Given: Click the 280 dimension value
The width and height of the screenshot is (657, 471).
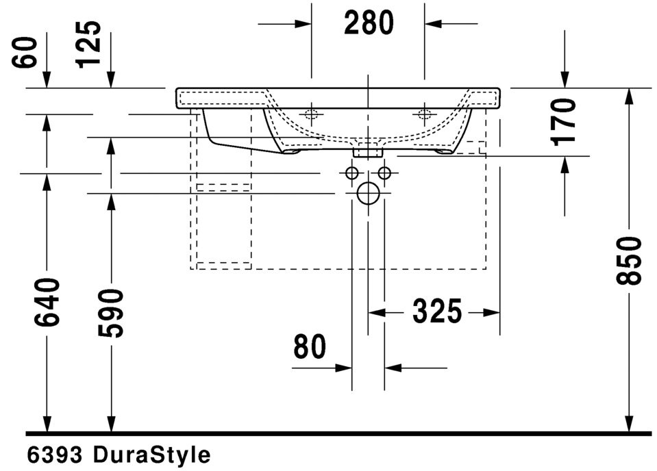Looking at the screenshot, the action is pos(369,23).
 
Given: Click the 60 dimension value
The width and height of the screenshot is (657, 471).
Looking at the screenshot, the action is pos(25,52).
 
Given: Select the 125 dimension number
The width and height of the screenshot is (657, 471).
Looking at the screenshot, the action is pos(89,44).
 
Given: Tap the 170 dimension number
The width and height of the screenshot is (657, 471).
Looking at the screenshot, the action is pos(564,122).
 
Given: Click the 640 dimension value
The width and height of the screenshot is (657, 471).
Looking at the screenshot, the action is pos(47,303).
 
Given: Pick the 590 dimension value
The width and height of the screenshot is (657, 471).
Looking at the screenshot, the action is pos(112,313).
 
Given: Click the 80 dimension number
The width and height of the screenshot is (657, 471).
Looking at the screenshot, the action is pos(310,346).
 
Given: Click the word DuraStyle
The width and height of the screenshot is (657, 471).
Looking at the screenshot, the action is pos(151,455).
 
